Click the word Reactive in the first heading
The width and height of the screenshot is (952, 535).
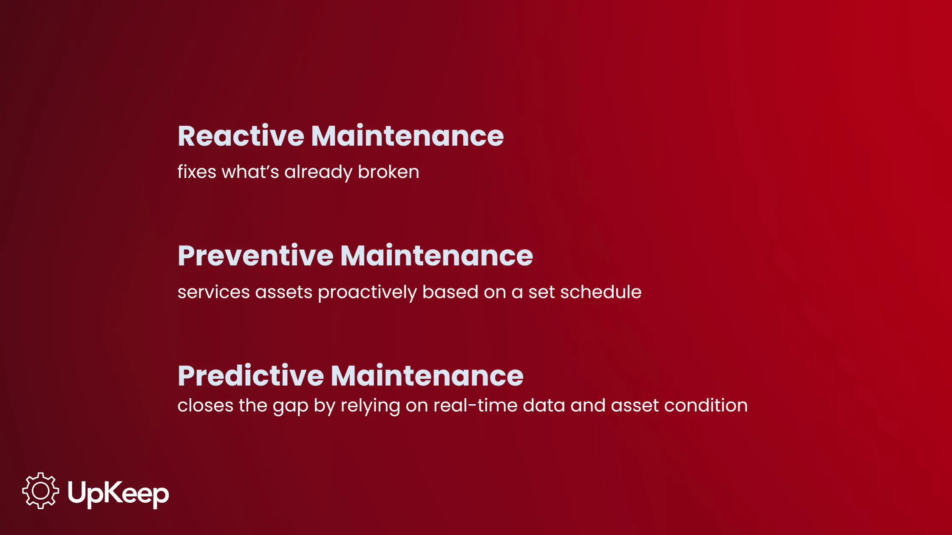pyautogui.click(x=241, y=136)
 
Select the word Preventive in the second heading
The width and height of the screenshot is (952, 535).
pyautogui.click(x=255, y=256)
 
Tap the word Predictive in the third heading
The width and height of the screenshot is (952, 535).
pyautogui.click(x=251, y=376)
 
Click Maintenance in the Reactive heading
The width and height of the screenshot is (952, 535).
pyautogui.click(x=407, y=136)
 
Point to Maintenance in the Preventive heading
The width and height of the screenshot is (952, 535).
pyautogui.click(x=436, y=256)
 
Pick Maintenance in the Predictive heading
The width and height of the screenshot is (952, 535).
pyautogui.click(x=427, y=376)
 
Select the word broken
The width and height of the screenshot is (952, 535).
pyautogui.click(x=388, y=172)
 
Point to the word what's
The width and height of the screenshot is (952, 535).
pyautogui.click(x=250, y=172)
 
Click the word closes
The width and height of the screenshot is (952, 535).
pyautogui.click(x=206, y=405)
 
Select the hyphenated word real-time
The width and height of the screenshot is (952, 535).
pyautogui.click(x=476, y=405)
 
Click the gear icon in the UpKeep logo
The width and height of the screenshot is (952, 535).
pyautogui.click(x=41, y=491)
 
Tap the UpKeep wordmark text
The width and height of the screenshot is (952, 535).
pyautogui.click(x=119, y=494)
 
